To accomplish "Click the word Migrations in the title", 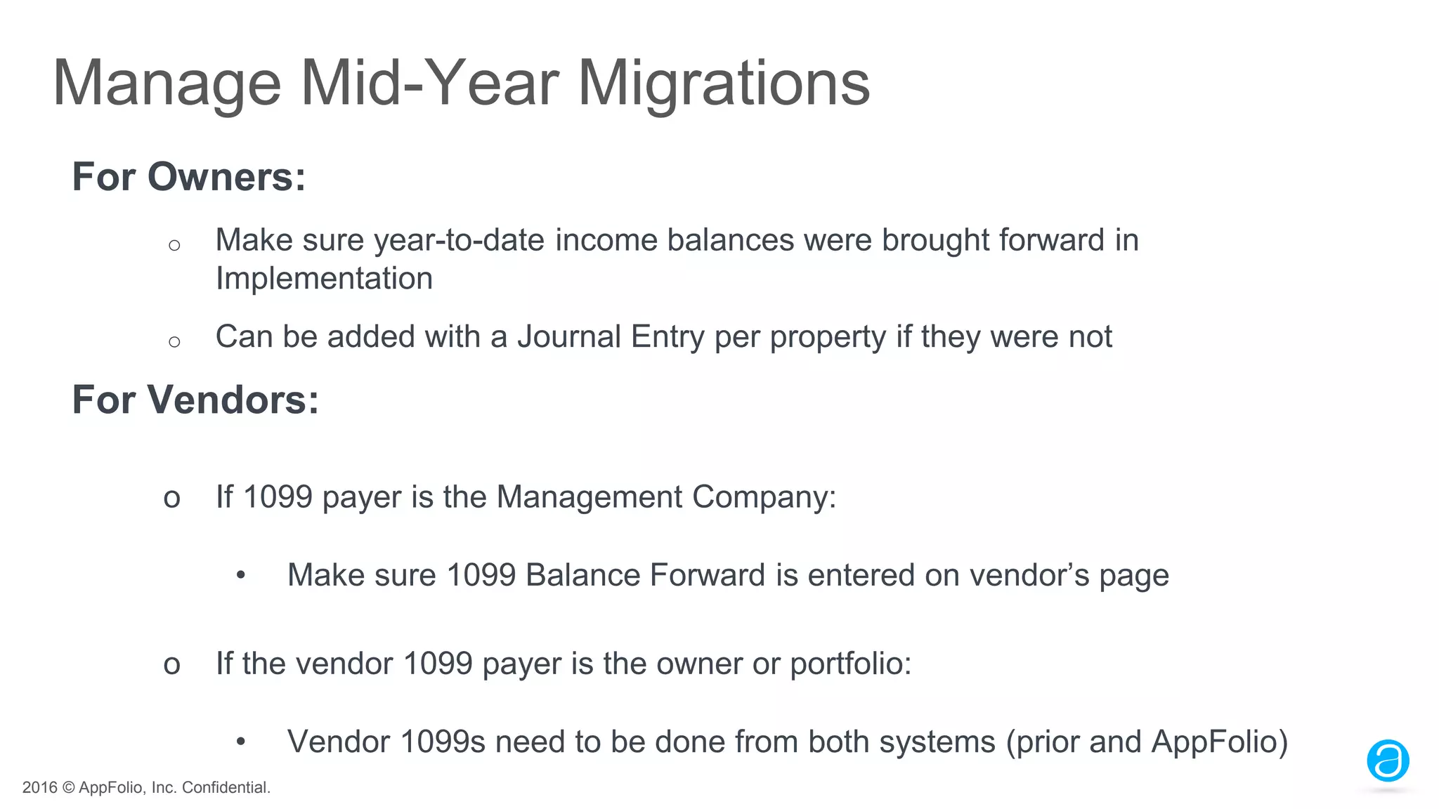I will pyautogui.click(x=724, y=83).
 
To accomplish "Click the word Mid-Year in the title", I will pyautogui.click(x=429, y=83).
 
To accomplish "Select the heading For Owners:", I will pyautogui.click(x=189, y=176).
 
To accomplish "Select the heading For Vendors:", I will pyautogui.click(x=195, y=400).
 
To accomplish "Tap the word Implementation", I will pyautogui.click(x=324, y=279).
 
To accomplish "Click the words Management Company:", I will pyautogui.click(x=666, y=497).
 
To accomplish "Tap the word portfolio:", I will pyautogui.click(x=850, y=664).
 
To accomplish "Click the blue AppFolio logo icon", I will pyautogui.click(x=1387, y=761).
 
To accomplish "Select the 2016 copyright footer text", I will pyautogui.click(x=146, y=787).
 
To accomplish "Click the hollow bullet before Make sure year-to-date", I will pyautogui.click(x=175, y=245).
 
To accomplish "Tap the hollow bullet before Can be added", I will pyautogui.click(x=175, y=342).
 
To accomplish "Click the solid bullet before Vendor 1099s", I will pyautogui.click(x=241, y=742).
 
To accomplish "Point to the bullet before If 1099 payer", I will pyautogui.click(x=172, y=499).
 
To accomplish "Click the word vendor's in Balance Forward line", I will pyautogui.click(x=1029, y=575).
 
